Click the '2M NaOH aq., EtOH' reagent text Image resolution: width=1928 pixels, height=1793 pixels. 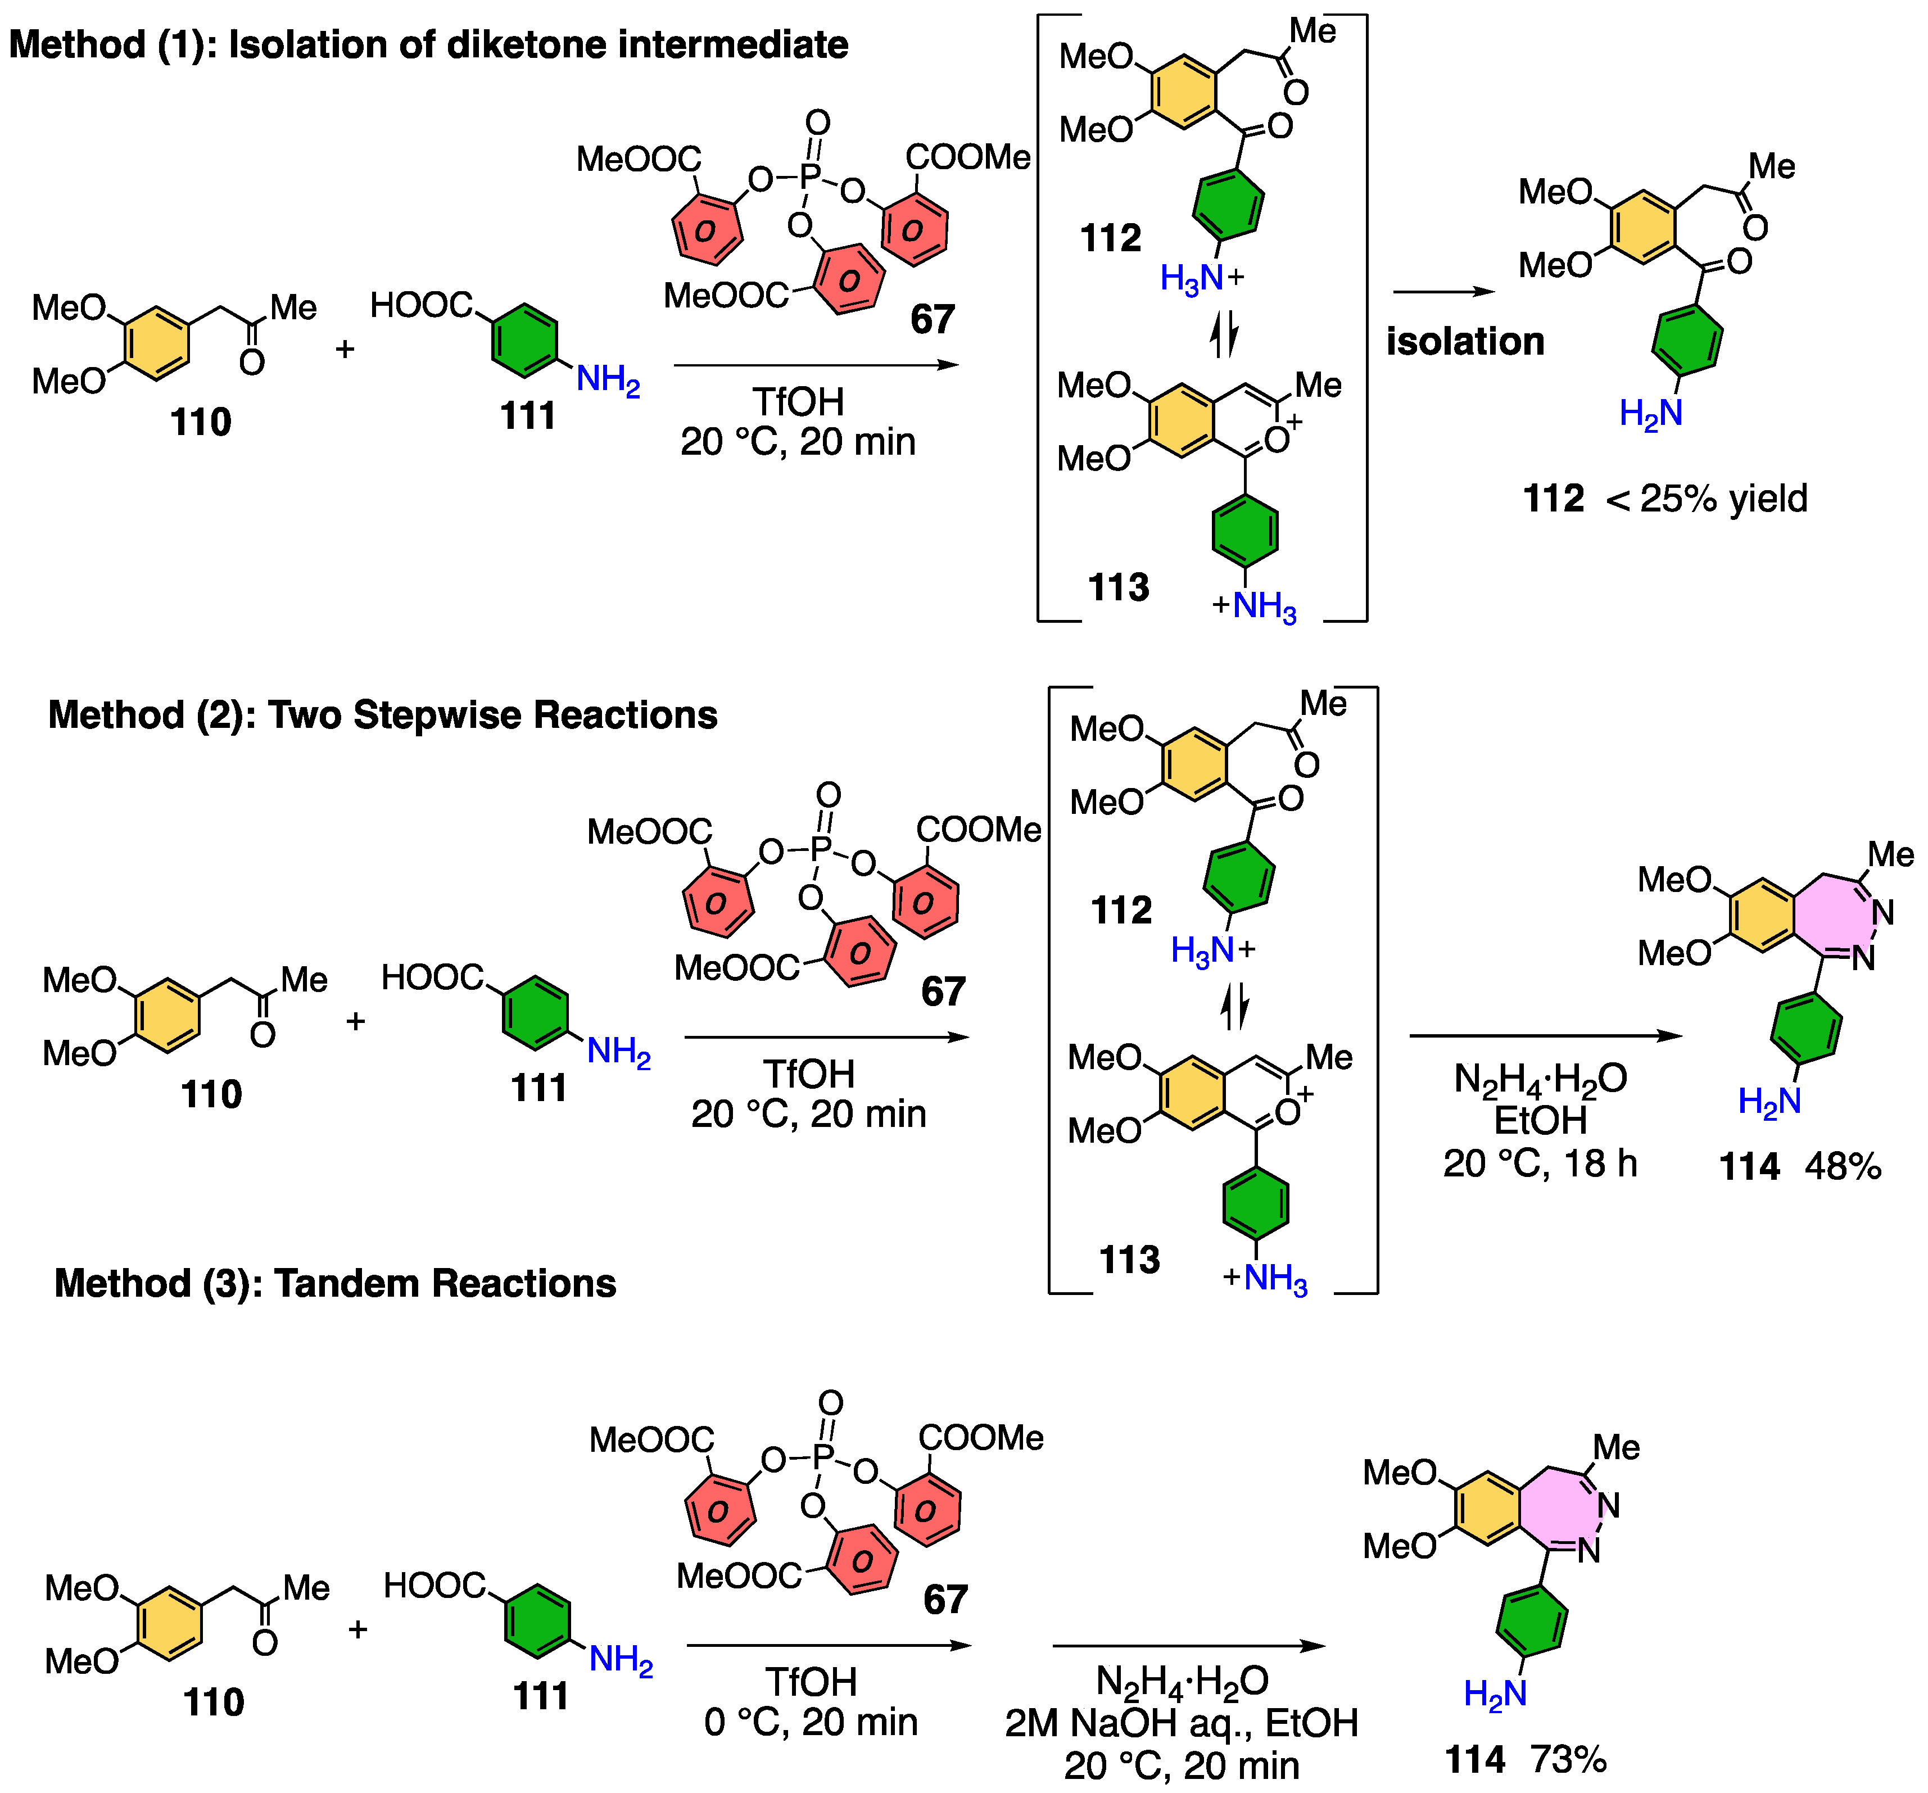pyautogui.click(x=1180, y=1723)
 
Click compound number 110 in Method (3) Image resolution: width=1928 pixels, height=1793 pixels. pyautogui.click(x=214, y=1702)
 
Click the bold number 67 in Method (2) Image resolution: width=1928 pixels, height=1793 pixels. pyautogui.click(x=943, y=991)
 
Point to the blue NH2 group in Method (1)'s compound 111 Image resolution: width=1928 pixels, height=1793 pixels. pyautogui.click(x=608, y=379)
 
